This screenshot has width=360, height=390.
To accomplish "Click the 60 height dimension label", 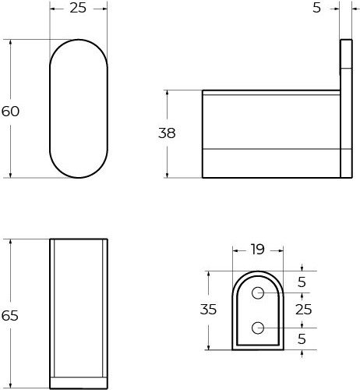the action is coord(10,112).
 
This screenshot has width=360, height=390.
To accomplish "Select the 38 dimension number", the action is coord(167,133).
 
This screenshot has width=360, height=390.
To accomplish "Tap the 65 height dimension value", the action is coord(10,316).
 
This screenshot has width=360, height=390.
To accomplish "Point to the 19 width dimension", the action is coord(258,250).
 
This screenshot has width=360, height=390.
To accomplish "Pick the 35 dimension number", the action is coord(208,310).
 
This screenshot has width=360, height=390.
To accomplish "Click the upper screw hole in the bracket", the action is coord(258,293).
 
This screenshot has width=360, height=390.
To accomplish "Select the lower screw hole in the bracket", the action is coord(258,328).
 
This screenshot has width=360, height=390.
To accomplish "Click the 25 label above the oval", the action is coord(78,8).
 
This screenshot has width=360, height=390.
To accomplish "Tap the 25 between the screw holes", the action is coord(304,310).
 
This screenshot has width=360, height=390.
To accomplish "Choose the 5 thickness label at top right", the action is coord(316,8).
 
